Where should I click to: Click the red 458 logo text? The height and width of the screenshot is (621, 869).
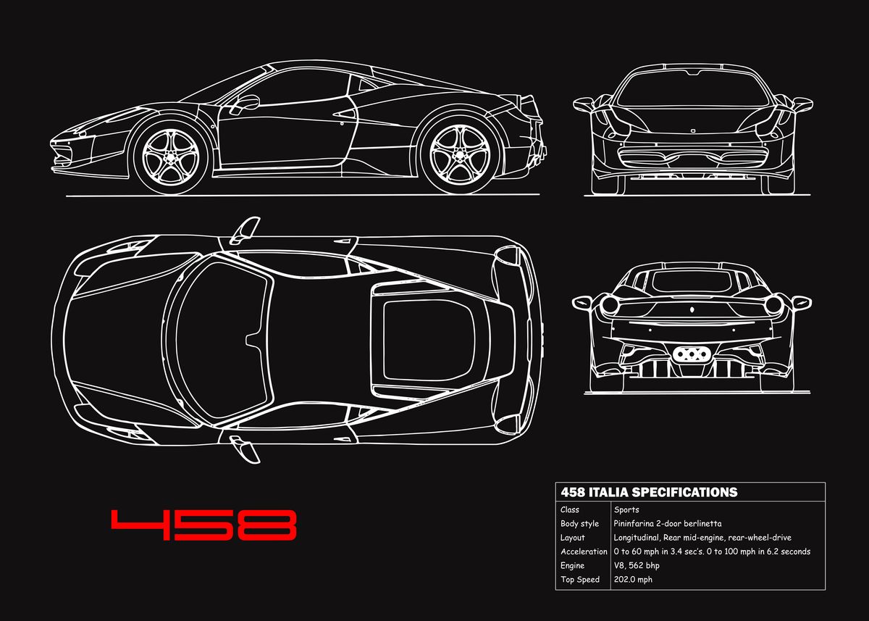pos(203,525)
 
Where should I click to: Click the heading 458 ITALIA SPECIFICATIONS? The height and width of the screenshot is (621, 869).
pos(648,492)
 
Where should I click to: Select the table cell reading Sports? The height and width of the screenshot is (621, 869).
pos(626,509)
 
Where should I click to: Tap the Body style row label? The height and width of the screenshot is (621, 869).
pos(579,523)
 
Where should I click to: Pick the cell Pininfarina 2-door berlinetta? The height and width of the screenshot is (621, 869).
pos(667,523)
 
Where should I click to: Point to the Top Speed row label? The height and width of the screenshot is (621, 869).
pos(580,579)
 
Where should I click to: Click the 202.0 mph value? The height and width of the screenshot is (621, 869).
pos(633,579)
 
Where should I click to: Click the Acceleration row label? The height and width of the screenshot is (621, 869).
pos(584,551)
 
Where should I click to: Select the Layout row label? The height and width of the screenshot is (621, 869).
pos(572,538)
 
